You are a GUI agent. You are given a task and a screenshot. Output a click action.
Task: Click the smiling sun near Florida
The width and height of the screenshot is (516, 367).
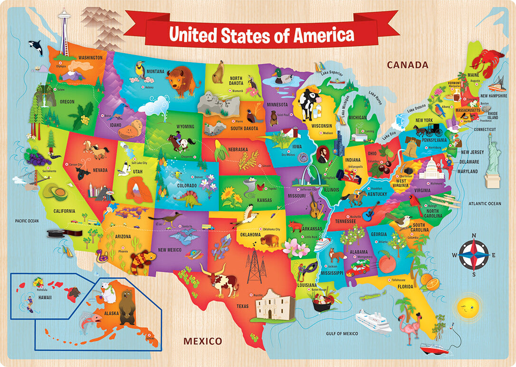tap(467, 308)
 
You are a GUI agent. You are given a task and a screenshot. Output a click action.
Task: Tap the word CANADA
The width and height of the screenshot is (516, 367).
tap(407, 65)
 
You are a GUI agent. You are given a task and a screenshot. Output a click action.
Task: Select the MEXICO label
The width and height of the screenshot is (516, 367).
tap(203, 341)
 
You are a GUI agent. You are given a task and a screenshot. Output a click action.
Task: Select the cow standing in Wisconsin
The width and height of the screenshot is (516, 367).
tap(308, 103)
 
